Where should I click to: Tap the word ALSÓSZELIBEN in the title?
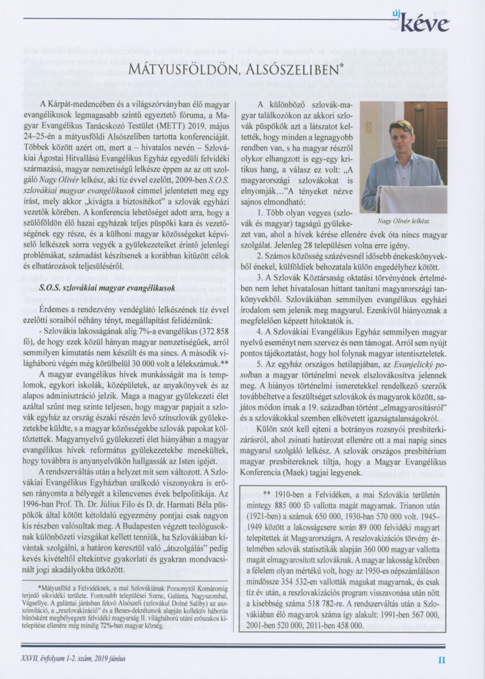click(293, 70)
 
